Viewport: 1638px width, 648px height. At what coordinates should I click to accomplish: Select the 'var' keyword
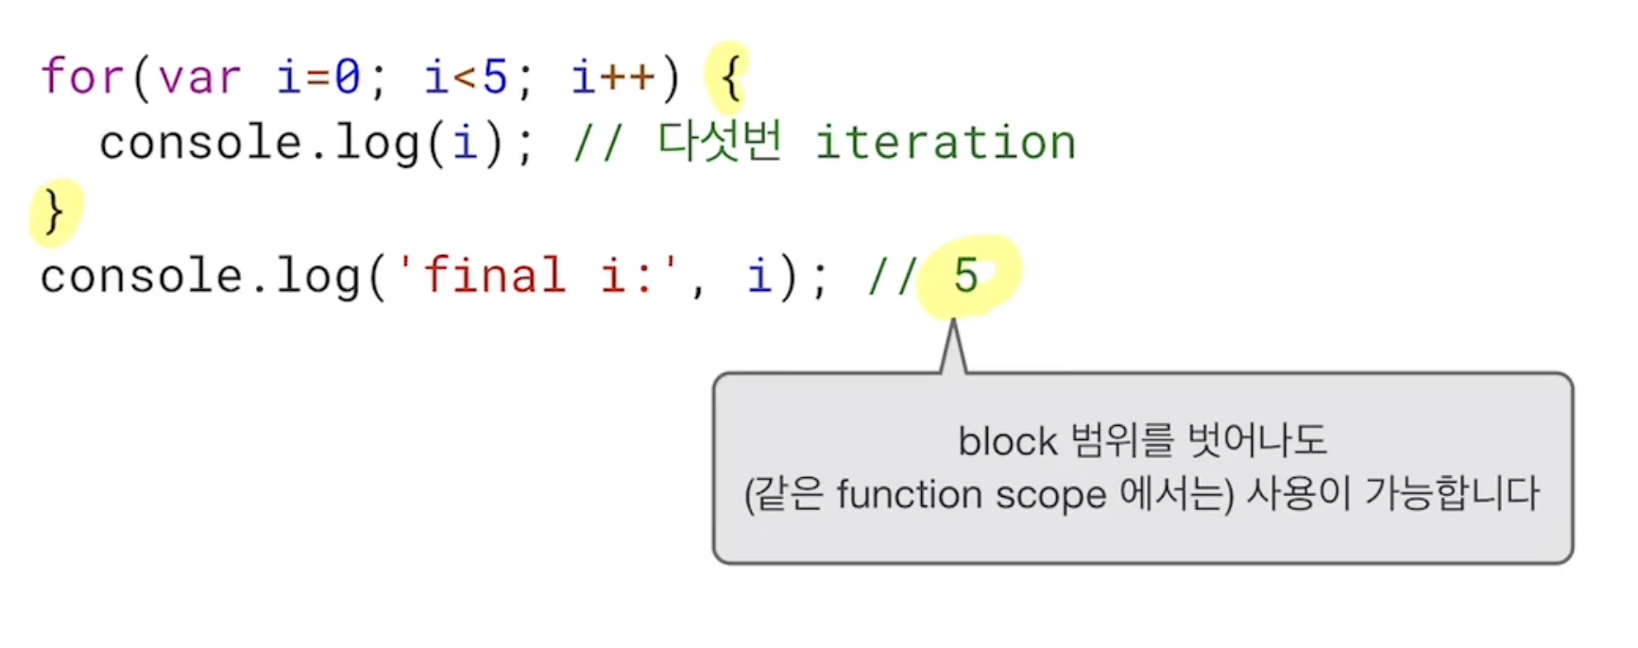pyautogui.click(x=199, y=77)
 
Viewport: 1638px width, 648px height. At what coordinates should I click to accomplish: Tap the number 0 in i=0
pyautogui.click(x=347, y=77)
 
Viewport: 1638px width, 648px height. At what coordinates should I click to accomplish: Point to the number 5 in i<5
pyautogui.click(x=494, y=77)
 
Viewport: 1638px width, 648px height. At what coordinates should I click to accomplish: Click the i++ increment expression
pyautogui.click(x=613, y=77)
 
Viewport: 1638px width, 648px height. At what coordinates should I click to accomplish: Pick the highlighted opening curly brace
pyautogui.click(x=730, y=77)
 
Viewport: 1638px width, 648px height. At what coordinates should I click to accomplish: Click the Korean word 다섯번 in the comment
pyautogui.click(x=720, y=143)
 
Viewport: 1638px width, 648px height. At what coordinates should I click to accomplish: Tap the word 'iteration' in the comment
pyautogui.click(x=945, y=143)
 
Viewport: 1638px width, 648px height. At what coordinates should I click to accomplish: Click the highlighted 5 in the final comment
pyautogui.click(x=965, y=276)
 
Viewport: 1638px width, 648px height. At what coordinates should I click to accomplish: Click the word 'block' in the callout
pyautogui.click(x=1007, y=441)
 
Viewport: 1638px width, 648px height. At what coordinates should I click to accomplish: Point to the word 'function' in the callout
pyautogui.click(x=909, y=494)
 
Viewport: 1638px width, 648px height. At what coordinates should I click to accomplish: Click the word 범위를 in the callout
pyautogui.click(x=1122, y=440)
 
